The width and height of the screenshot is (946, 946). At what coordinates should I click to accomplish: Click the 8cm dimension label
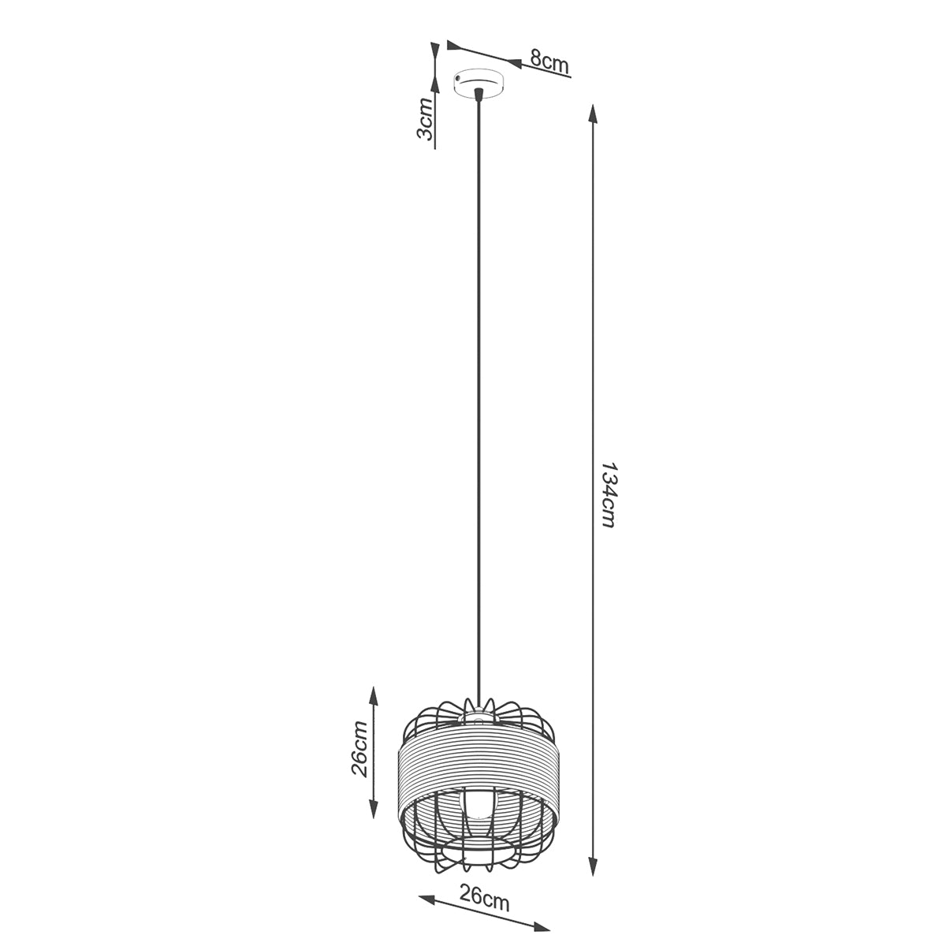pyautogui.click(x=549, y=61)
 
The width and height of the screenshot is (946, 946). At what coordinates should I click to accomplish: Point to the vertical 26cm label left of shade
pyautogui.click(x=359, y=748)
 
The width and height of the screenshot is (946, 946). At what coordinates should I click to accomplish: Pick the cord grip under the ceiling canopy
pyautogui.click(x=479, y=95)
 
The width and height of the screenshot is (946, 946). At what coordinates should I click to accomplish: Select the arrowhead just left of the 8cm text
pyautogui.click(x=513, y=61)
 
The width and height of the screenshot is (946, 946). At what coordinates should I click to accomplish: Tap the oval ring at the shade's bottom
pyautogui.click(x=479, y=853)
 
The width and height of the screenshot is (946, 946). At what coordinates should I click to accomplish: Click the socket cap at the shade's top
pyautogui.click(x=479, y=716)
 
